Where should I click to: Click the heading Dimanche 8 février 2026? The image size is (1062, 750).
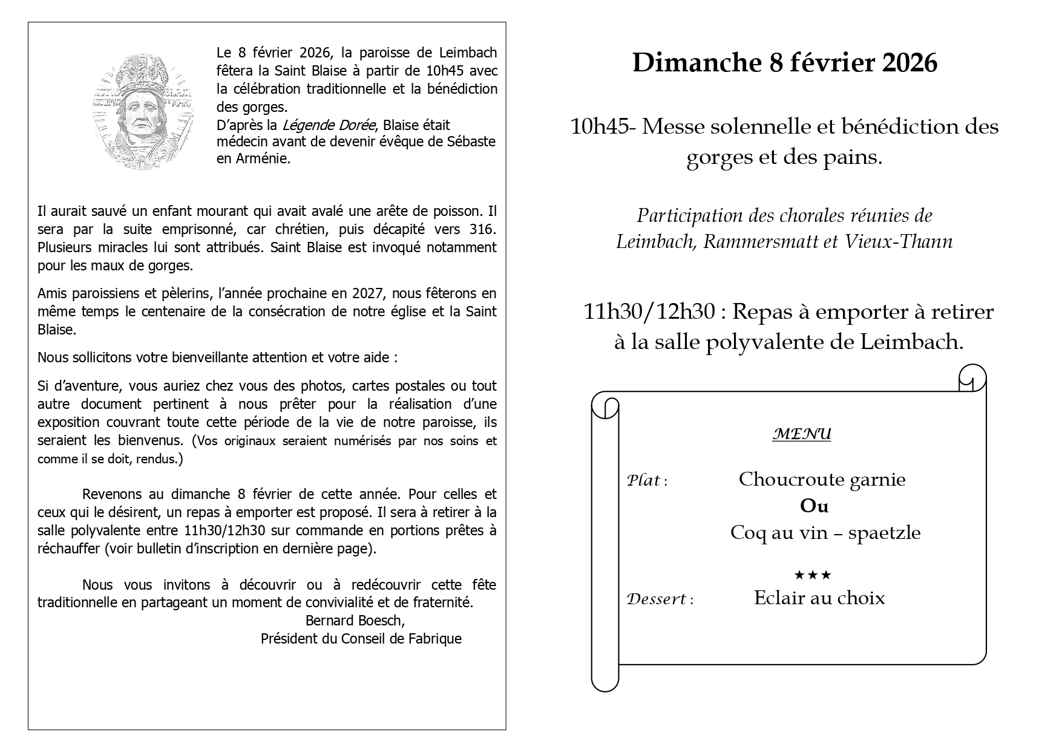pos(784,63)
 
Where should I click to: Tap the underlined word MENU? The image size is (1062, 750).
pos(802,434)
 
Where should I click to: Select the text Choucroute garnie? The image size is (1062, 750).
pos(822,480)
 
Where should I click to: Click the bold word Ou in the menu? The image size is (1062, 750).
pos(814,506)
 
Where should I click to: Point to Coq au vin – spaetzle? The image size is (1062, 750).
pos(825,533)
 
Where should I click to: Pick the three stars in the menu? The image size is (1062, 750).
pos(812,574)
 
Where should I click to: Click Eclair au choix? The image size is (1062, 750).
pos(819,598)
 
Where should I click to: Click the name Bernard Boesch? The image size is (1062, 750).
pos(355,621)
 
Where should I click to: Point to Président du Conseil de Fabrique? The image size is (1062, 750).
pos(361,639)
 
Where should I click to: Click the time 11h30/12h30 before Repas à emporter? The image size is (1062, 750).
pos(651,312)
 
